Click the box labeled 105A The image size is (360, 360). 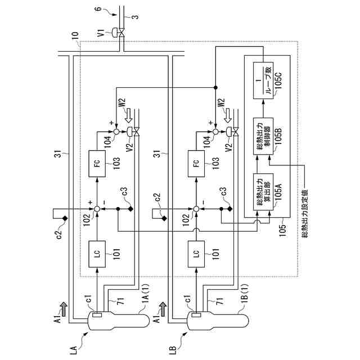coord(263,192)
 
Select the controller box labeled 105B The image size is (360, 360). coord(263,136)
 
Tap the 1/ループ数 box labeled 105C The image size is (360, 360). coord(263,80)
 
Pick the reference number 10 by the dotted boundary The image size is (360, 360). coord(75,36)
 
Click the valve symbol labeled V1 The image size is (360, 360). coord(121,33)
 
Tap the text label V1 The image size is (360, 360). coord(101,32)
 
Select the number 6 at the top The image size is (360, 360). coord(98,9)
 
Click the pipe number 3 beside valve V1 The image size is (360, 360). coord(136,17)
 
